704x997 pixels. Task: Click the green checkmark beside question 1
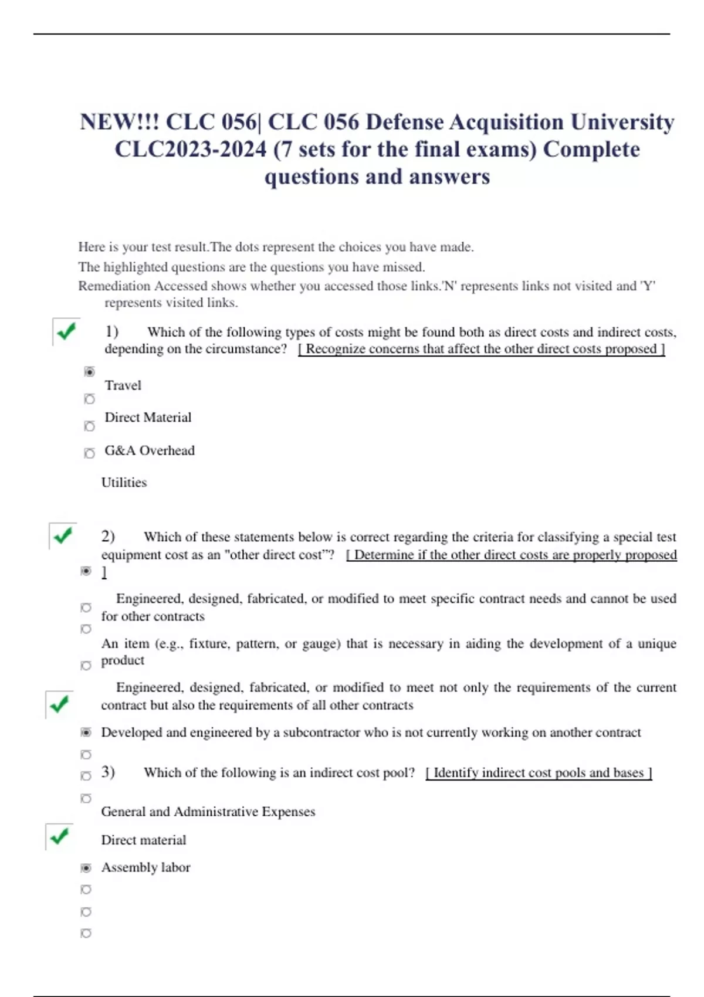coord(66,331)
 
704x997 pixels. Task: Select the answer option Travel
coord(123,385)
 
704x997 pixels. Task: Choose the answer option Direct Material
coord(148,418)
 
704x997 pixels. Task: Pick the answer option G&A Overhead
coord(150,450)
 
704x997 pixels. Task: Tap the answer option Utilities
coord(124,483)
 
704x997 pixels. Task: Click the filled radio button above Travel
coord(89,372)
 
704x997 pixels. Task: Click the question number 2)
coord(108,536)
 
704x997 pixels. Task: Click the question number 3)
coord(108,772)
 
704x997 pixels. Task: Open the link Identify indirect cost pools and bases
coord(539,773)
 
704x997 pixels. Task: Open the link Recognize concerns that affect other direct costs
coord(481,349)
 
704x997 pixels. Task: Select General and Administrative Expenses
coord(208,812)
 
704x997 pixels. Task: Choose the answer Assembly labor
coord(145,867)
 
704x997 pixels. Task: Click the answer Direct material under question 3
coord(143,840)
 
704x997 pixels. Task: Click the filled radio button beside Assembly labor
coord(86,868)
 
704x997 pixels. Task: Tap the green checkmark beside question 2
coord(63,535)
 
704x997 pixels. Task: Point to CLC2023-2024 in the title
coord(191,150)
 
